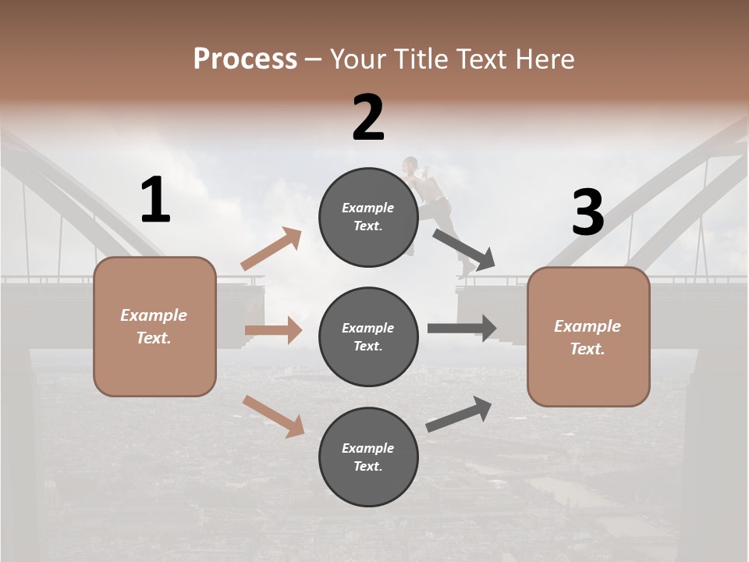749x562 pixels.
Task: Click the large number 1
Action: (x=155, y=201)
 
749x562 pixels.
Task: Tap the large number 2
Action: (x=368, y=118)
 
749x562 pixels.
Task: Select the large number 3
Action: (x=587, y=213)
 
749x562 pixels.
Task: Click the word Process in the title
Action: (x=245, y=59)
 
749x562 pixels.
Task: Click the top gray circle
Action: (x=368, y=217)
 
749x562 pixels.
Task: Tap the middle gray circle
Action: (x=368, y=337)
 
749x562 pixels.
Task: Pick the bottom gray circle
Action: (x=368, y=457)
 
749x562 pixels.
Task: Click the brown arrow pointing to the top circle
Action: (x=272, y=249)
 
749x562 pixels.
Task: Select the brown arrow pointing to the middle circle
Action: (x=273, y=330)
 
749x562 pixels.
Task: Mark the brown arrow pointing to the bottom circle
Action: (x=273, y=416)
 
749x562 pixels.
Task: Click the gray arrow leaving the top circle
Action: (x=465, y=250)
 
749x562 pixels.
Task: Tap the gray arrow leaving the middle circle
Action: (x=462, y=328)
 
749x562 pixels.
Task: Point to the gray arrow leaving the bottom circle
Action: (x=459, y=414)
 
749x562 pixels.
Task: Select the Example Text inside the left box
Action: (x=154, y=326)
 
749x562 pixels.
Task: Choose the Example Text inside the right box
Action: (x=587, y=337)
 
